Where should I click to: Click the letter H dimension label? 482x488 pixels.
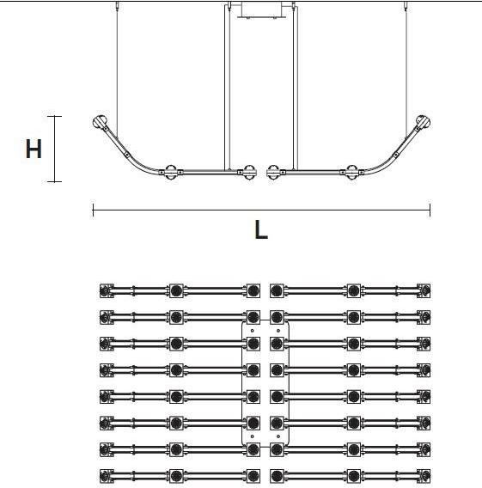click(x=34, y=149)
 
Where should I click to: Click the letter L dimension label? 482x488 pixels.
click(x=261, y=229)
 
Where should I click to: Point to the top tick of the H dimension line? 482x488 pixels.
click(x=54, y=116)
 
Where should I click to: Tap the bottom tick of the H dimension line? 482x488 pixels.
click(x=54, y=181)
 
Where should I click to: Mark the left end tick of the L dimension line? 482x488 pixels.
click(x=93, y=210)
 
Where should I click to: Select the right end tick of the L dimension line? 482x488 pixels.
click(x=430, y=210)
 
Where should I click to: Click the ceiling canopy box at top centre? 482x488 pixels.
click(x=262, y=9)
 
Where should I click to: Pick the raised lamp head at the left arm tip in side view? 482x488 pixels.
click(x=101, y=122)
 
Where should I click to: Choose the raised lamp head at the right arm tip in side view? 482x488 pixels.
click(x=423, y=122)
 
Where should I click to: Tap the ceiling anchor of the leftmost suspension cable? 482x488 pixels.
click(x=118, y=5)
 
